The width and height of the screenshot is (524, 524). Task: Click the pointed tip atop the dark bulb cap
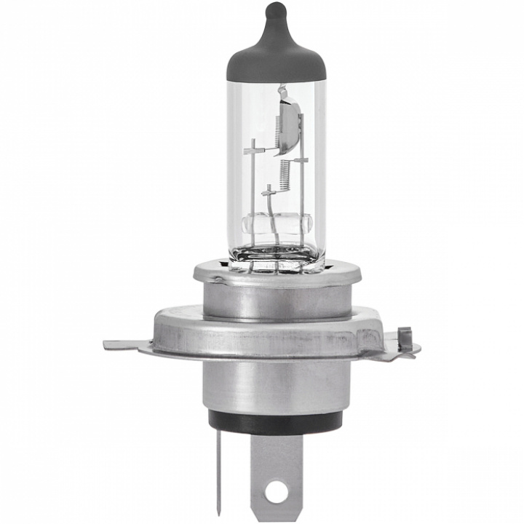tap(275, 10)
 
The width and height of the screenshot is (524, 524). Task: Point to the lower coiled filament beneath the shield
tap(284, 175)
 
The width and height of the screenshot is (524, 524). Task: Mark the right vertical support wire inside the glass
tap(301, 189)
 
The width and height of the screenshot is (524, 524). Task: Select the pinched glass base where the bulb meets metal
tap(276, 255)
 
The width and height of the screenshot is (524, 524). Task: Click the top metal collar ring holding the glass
tap(276, 276)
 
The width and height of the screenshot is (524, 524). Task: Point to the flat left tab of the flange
tap(124, 344)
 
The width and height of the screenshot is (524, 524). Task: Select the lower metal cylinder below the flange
tap(276, 386)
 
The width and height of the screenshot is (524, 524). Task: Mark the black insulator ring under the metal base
tap(276, 421)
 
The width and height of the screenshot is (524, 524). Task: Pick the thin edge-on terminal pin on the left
tap(218, 473)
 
